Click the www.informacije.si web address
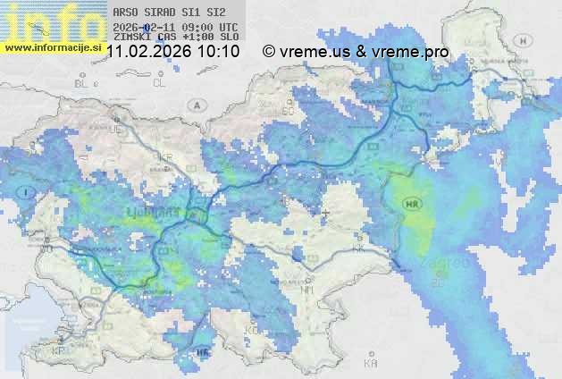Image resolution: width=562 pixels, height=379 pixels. coord(52,46)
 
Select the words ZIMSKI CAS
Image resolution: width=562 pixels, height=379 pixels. coord(145,38)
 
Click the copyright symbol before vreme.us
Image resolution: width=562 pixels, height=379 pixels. coord(269,52)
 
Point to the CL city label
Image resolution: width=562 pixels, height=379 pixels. coord(160,83)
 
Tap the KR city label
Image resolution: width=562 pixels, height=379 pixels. coord(164,157)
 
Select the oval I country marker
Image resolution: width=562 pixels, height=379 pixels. coord(29,191)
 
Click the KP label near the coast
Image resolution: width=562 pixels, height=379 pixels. coord(59,350)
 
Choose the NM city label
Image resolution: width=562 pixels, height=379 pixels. coord(308,290)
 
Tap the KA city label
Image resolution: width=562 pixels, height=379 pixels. coord(370,364)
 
